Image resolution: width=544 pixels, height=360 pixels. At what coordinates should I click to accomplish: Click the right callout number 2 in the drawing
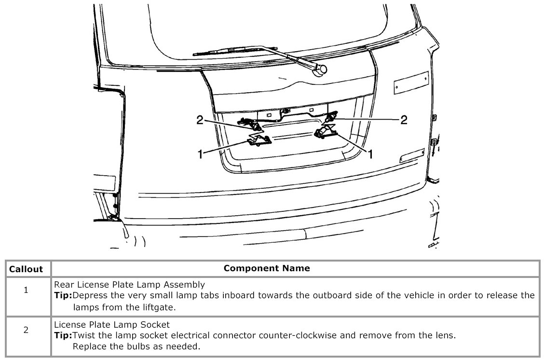tap(404, 120)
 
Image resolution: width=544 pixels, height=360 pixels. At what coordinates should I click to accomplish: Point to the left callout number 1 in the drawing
tap(200, 154)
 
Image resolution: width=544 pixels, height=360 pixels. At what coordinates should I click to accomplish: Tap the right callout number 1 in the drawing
tap(370, 154)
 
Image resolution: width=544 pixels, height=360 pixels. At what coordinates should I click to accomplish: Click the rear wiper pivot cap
tap(319, 71)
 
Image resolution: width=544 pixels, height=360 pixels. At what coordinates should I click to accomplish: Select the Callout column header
tap(26, 269)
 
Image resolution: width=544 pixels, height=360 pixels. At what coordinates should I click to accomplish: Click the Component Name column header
tap(267, 268)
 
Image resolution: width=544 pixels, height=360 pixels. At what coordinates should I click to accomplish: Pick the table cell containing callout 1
tap(26, 291)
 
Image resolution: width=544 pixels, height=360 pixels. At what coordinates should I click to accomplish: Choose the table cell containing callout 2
tap(26, 330)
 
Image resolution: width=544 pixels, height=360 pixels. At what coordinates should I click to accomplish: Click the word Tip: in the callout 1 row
tap(63, 295)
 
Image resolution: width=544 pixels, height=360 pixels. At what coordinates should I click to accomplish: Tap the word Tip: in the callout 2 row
tap(63, 335)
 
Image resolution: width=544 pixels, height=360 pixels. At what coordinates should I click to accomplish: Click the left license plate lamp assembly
tap(258, 140)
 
